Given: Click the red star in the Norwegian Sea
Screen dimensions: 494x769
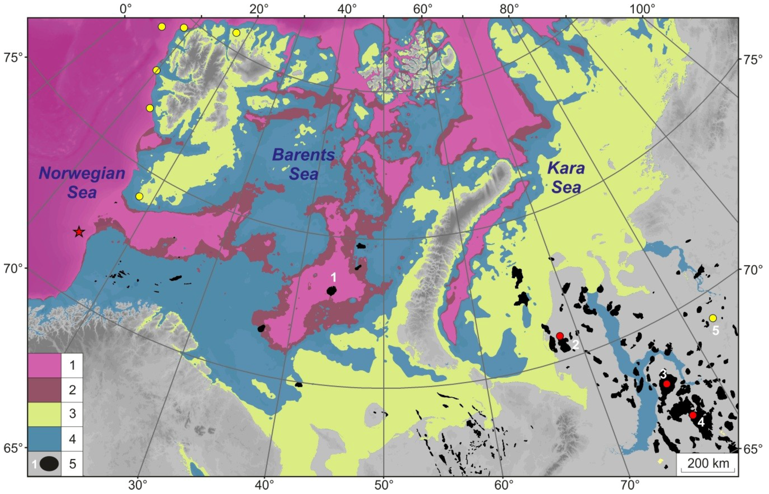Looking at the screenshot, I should [x=79, y=232].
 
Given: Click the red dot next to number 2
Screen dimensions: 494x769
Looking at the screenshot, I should [x=560, y=336].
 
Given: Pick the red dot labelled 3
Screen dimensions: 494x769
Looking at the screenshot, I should [x=667, y=384].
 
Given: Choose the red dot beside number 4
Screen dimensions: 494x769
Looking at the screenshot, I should [x=693, y=415].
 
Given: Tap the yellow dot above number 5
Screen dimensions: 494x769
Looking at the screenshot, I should [x=713, y=318].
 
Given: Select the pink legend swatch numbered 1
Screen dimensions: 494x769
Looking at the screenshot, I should [x=44, y=365].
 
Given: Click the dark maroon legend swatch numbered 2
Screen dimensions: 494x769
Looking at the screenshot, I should [x=44, y=390].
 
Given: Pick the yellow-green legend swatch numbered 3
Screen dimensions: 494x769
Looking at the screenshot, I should [x=44, y=414].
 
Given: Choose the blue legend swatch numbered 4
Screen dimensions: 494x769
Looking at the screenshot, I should [x=44, y=439].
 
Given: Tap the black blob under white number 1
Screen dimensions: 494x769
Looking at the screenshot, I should [x=332, y=291].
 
